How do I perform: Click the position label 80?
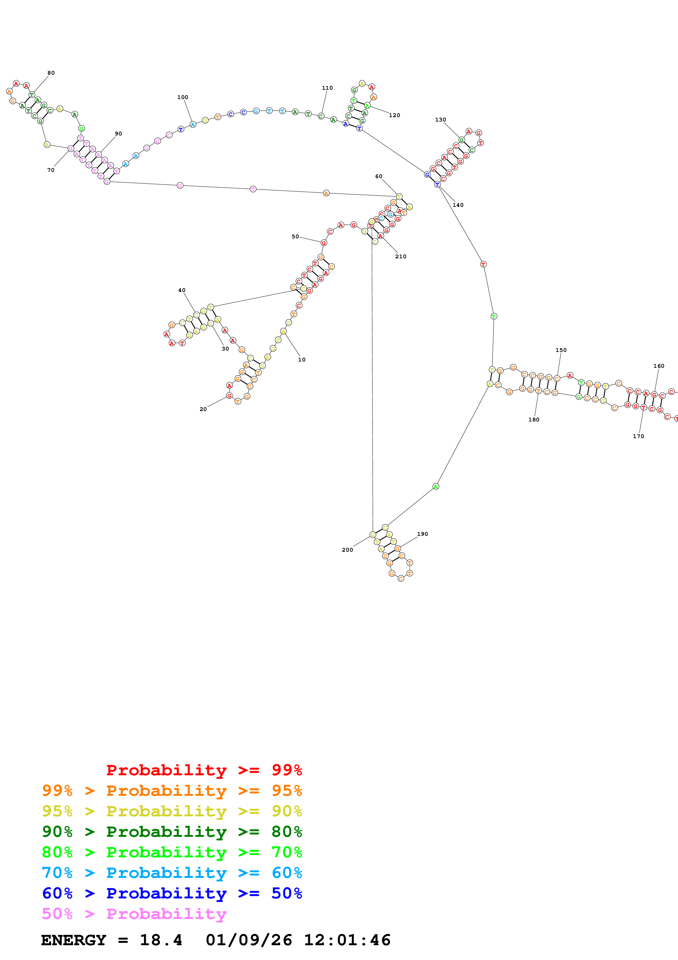(51, 73)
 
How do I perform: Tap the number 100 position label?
(182, 97)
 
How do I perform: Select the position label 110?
(327, 88)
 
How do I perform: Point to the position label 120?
(394, 115)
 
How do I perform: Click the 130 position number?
(440, 120)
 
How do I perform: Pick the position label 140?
(458, 205)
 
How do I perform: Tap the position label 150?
(561, 350)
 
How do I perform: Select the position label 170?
(638, 436)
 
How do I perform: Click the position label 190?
(422, 534)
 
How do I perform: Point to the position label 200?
(347, 550)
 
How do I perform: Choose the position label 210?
(401, 256)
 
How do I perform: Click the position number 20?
(203, 409)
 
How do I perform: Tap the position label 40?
(182, 290)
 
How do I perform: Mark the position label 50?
(295, 237)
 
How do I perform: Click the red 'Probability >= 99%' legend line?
(204, 770)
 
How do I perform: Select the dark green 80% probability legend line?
(172, 832)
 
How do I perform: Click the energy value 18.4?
(161, 940)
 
